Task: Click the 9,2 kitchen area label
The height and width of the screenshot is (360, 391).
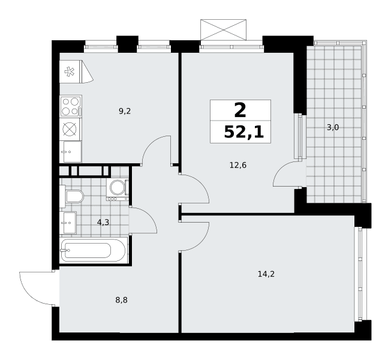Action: pos(125,111)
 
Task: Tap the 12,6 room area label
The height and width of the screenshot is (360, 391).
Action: pos(238,165)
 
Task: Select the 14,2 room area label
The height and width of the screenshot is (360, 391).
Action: pos(266,274)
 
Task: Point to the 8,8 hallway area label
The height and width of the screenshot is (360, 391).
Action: pos(122,300)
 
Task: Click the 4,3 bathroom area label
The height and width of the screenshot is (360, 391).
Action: pos(103,222)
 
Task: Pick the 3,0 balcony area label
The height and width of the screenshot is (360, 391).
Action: pos(333,127)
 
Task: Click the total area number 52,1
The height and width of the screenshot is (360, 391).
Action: pos(243,132)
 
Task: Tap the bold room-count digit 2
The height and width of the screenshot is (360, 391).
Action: pos(240,111)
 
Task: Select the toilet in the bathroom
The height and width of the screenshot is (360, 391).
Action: pos(71,196)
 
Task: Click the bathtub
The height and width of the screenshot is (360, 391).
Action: pos(94,250)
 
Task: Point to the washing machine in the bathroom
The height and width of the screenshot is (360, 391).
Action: pos(118,190)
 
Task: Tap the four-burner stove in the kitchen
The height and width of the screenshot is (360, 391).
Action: pos(71,106)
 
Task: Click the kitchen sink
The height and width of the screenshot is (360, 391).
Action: pos(71,151)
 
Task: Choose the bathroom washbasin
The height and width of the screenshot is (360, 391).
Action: pos(68,223)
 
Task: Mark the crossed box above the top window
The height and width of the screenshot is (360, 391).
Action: pos(224,29)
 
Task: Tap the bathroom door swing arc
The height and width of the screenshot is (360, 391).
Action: pos(149,216)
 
